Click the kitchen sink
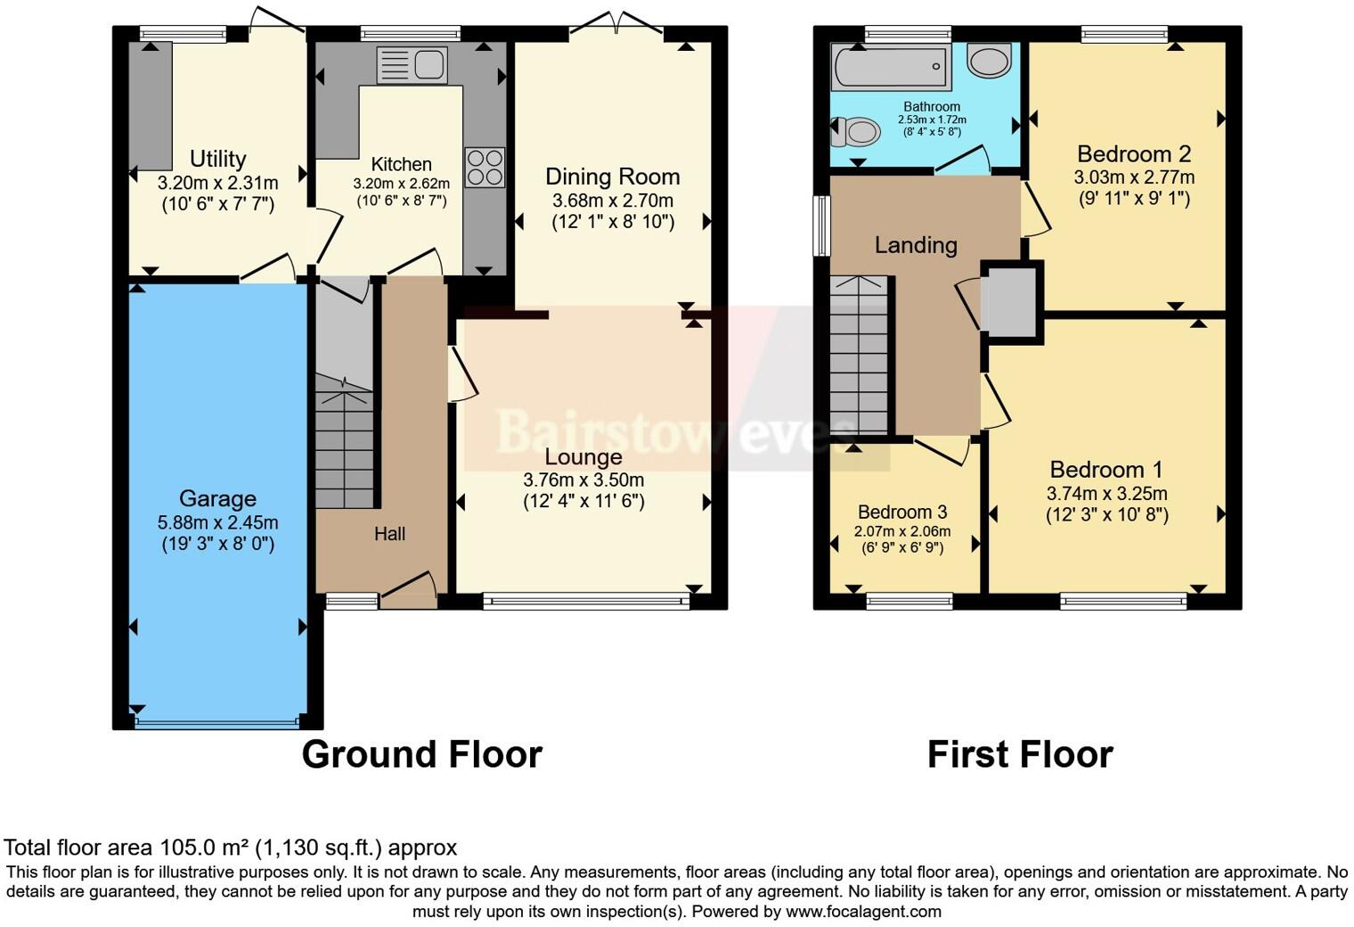click(412, 65)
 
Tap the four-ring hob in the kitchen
click(485, 168)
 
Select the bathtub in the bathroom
click(889, 67)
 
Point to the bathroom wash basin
click(989, 61)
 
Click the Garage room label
click(217, 498)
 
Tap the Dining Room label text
click(613, 176)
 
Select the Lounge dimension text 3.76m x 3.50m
click(583, 480)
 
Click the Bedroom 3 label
click(902, 513)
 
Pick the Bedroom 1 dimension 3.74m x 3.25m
click(1106, 494)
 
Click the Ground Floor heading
click(422, 754)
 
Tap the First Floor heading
click(1020, 754)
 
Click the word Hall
click(389, 533)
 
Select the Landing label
click(916, 245)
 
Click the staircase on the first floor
click(859, 355)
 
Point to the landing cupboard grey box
click(1008, 302)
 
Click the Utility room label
click(217, 159)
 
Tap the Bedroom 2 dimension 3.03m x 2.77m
click(1134, 177)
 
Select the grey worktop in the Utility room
click(151, 106)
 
